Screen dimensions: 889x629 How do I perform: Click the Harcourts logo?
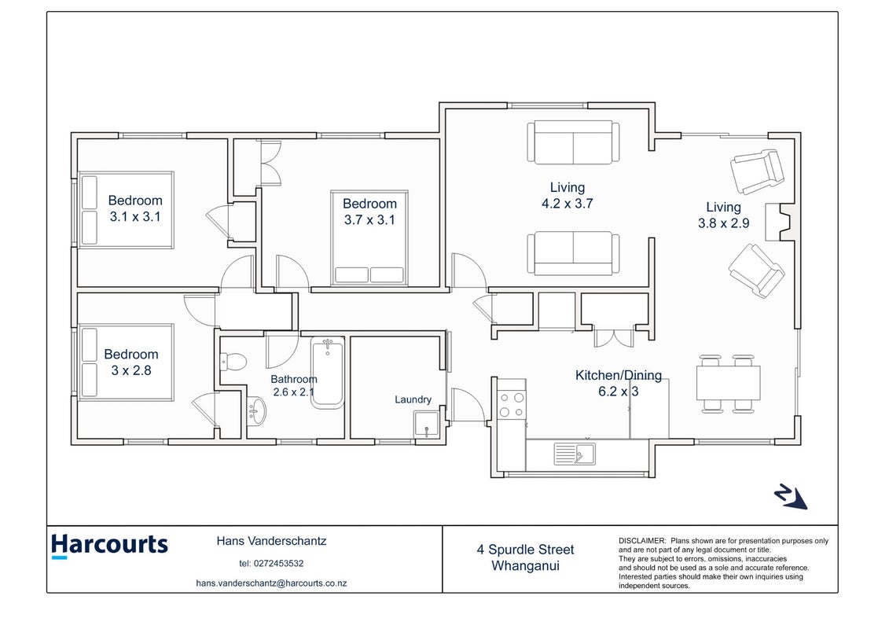[109, 546]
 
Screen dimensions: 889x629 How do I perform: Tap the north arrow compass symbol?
[790, 497]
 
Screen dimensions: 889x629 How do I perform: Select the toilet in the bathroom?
[233, 361]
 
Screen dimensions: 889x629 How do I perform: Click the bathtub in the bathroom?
[327, 373]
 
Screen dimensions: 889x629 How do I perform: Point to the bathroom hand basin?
[257, 410]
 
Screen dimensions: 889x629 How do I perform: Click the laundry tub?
[426, 425]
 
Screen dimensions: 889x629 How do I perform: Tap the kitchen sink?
[575, 454]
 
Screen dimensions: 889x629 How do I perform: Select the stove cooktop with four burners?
[512, 405]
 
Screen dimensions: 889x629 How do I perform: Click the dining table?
[728, 384]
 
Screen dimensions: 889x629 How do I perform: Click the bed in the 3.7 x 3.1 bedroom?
[369, 237]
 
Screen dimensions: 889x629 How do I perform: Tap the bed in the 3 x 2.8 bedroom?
[126, 362]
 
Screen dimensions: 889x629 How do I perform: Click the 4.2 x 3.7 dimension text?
[567, 204]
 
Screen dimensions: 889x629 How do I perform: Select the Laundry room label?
[413, 399]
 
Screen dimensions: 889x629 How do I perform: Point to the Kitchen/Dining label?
[619, 375]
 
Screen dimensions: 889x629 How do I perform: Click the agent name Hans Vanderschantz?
[271, 541]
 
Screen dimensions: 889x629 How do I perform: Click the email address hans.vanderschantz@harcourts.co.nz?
[272, 583]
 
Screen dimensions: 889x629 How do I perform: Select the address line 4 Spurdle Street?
[525, 550]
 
